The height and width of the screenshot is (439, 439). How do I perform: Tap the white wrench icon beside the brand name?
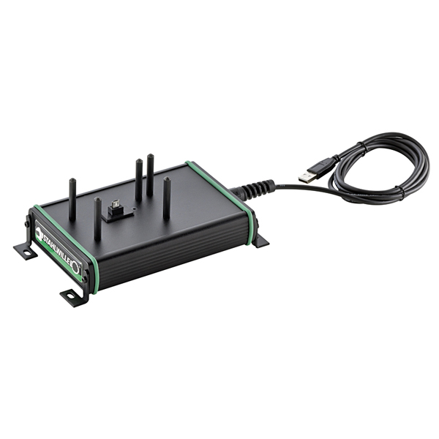(x=38, y=233)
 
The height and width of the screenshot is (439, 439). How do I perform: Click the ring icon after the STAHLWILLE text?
(x=75, y=267)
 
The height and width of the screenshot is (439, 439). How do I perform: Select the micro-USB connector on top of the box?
(x=116, y=205)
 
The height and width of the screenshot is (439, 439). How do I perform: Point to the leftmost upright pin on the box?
(x=72, y=199)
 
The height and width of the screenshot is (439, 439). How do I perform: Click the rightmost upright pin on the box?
(x=167, y=198)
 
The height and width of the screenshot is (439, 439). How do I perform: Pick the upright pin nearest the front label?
(x=97, y=218)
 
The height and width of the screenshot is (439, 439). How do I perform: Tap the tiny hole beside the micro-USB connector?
(x=135, y=209)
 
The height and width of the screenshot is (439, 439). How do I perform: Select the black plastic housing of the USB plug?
(x=321, y=167)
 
